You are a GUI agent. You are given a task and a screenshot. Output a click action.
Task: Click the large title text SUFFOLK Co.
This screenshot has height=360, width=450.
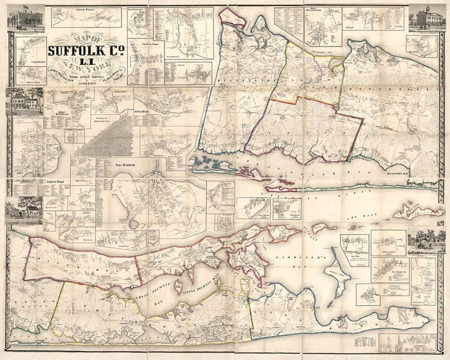pyautogui.click(x=86, y=51)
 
